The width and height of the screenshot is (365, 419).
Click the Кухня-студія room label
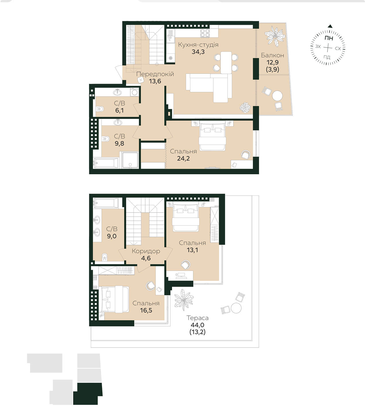198,45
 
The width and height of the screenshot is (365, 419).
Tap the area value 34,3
198,52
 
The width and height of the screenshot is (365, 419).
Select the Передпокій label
155,74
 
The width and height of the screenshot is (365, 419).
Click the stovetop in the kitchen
205,33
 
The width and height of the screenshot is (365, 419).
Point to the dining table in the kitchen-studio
226,63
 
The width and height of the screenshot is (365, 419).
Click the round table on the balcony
277,96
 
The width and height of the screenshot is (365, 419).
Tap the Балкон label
272,55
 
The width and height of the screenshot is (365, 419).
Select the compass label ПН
329,38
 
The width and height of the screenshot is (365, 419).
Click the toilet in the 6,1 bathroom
100,109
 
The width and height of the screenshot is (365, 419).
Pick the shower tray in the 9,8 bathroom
130,160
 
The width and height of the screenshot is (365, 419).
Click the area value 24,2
183,158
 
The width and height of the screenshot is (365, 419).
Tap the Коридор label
146,251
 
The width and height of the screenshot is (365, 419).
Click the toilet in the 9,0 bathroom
105,257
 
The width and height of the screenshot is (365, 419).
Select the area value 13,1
192,250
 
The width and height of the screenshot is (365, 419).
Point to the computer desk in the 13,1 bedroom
180,275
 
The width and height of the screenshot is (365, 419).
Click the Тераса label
197,318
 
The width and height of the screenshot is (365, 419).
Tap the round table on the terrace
236,308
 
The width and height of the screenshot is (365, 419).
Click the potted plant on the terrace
184,300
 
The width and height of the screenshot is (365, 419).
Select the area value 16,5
146,310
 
